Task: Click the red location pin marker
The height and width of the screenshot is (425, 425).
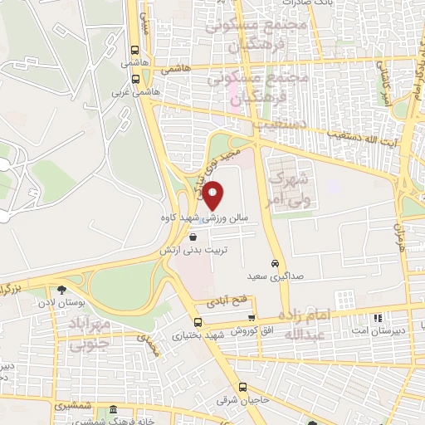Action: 213,195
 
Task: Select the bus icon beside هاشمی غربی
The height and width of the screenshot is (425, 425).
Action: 134,80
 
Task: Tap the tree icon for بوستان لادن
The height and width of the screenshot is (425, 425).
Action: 61,290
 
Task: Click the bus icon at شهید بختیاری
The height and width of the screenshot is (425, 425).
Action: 197,323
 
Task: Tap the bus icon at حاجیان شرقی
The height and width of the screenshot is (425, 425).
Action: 242,386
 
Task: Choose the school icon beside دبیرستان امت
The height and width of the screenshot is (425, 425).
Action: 378,317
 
